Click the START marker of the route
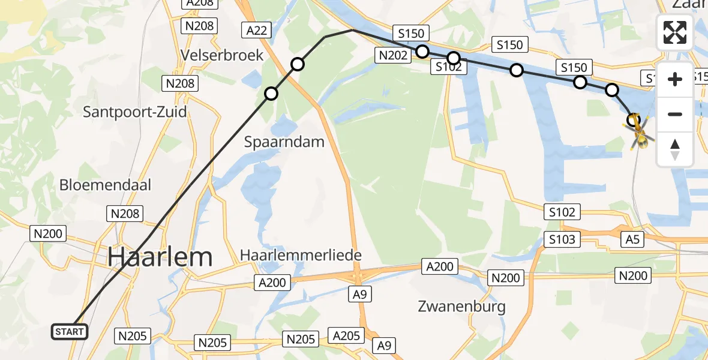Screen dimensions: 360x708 70,331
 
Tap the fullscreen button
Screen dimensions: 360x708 675,32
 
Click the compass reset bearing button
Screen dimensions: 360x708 675,149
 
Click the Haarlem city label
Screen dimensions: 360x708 161,257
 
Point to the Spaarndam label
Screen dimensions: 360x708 284,142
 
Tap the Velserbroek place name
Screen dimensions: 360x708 223,55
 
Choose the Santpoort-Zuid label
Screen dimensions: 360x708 135,112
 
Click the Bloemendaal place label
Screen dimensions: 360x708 106,185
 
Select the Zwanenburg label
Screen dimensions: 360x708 461,307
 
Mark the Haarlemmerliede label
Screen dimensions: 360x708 301,255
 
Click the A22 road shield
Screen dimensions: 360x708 256,30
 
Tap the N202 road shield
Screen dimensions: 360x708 394,56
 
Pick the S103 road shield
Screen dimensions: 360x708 562,240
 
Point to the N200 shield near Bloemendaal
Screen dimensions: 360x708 49,233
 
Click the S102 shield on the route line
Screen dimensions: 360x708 448,67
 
